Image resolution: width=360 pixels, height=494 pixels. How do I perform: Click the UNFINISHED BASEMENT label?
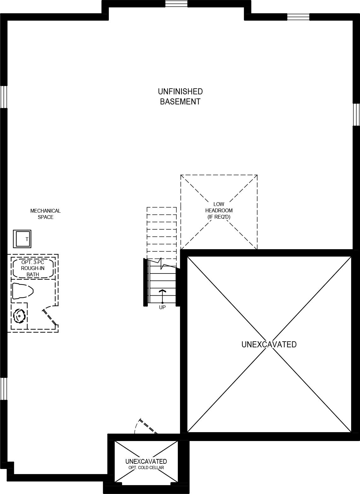[x=180, y=97]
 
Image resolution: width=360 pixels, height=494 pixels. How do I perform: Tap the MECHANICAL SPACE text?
[x=45, y=214]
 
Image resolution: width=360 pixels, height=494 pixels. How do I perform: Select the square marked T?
[x=22, y=239]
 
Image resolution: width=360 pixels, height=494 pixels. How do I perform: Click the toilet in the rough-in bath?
[x=22, y=291]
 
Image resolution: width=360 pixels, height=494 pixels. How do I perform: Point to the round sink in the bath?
[x=20, y=316]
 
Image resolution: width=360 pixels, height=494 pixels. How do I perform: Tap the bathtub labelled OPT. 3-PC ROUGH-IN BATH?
[x=33, y=268]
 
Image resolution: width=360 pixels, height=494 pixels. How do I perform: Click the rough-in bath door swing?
[x=49, y=316]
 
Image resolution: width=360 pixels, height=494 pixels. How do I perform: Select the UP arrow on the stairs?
[x=162, y=295]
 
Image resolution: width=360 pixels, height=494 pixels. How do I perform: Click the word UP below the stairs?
[x=162, y=307]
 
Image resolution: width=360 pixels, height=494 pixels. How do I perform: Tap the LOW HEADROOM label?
[x=219, y=210]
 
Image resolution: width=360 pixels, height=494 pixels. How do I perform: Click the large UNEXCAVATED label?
[x=269, y=344]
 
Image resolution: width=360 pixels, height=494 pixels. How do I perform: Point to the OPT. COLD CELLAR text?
[x=146, y=468]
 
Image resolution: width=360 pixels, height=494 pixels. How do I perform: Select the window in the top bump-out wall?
[x=176, y=4]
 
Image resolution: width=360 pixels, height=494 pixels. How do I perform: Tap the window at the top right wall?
[x=298, y=17]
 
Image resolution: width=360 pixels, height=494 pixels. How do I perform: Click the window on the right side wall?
[x=356, y=114]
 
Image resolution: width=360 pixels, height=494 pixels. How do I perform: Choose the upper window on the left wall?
[x=3, y=97]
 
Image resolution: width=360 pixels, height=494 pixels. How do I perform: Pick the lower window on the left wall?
[x=3, y=389]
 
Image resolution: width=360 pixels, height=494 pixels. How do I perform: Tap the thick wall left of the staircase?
[x=146, y=282]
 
